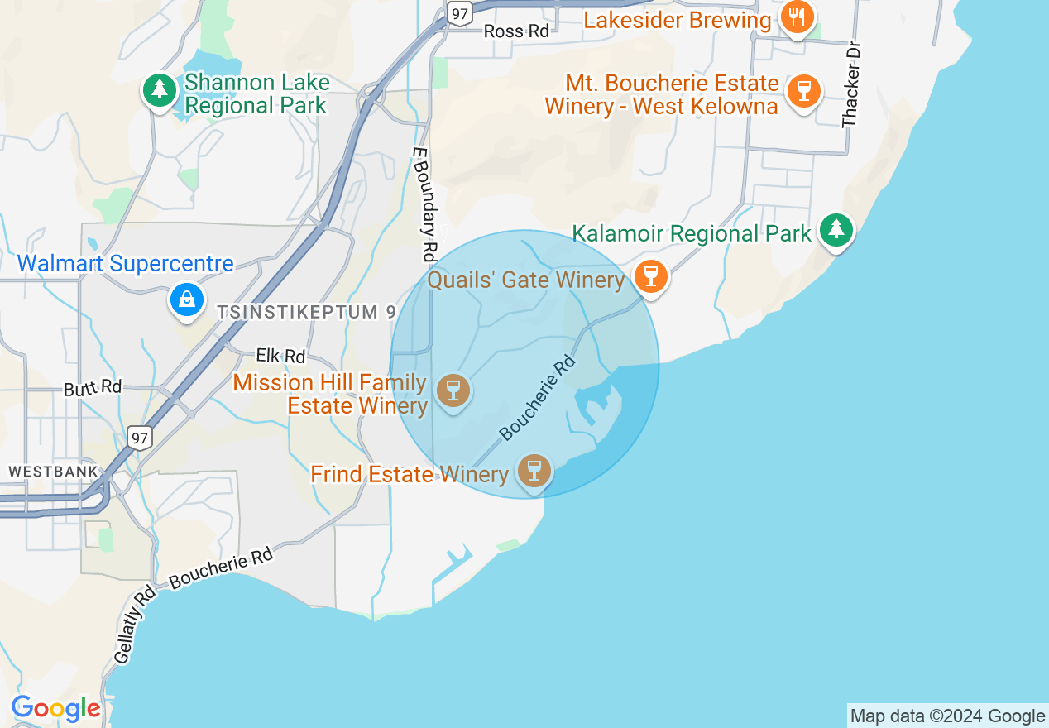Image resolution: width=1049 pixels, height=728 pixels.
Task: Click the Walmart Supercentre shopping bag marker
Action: (x=188, y=299)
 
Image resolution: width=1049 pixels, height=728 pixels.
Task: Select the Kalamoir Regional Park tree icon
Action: (x=836, y=229)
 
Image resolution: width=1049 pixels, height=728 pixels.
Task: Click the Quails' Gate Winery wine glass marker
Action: (x=651, y=275)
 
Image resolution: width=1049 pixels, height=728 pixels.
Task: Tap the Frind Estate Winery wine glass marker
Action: (x=534, y=471)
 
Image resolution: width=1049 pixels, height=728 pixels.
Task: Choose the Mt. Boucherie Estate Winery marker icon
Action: (x=802, y=89)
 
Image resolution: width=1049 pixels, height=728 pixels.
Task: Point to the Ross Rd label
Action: (x=516, y=31)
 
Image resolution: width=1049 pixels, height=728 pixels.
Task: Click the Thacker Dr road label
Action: (x=851, y=84)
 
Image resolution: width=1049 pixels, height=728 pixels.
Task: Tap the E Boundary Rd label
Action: (x=424, y=204)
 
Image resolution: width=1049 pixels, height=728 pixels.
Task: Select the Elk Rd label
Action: (x=280, y=357)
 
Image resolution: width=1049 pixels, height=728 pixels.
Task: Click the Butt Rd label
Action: (x=93, y=387)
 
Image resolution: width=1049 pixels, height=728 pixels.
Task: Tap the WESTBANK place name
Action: (x=54, y=471)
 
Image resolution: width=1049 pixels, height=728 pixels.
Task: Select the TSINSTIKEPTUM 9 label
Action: (x=307, y=312)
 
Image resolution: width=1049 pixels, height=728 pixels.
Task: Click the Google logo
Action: (x=55, y=709)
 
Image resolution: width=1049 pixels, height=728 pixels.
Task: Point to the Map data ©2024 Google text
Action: (x=948, y=716)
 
